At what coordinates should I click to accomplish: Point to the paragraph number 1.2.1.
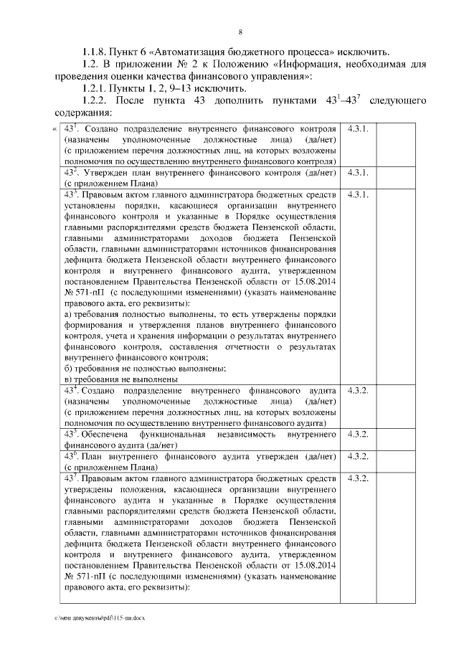pos(95,88)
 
